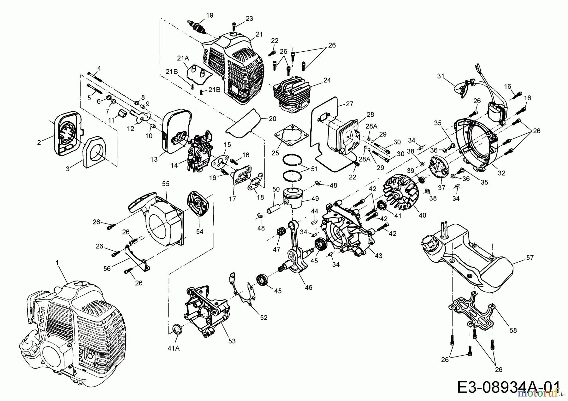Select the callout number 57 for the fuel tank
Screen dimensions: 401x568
[530, 258]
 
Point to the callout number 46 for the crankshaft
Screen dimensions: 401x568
[309, 288]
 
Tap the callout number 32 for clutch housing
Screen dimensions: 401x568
[501, 173]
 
